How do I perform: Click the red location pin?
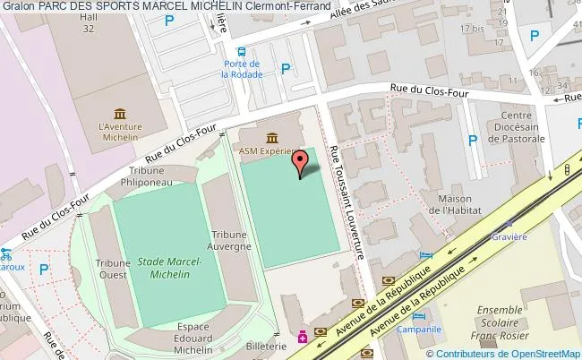point(300,163)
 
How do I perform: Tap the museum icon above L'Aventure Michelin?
point(119,113)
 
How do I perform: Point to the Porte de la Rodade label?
point(241,70)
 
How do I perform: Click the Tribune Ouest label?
point(114,270)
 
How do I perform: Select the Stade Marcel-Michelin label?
point(170,268)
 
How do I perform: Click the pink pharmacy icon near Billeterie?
point(303,337)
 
